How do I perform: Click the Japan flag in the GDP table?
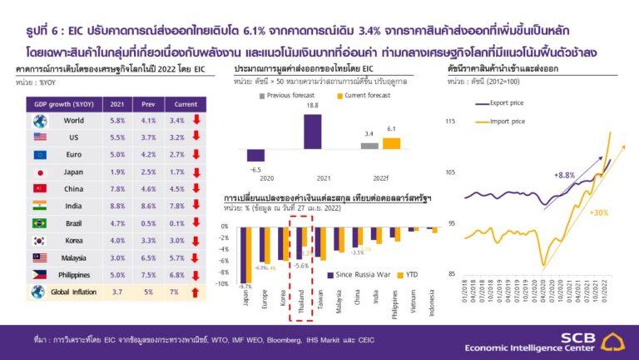[x=38, y=172]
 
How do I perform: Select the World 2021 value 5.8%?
[x=117, y=120]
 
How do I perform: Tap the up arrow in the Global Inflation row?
[x=196, y=292]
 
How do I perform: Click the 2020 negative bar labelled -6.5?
[x=255, y=155]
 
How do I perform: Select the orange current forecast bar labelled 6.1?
[x=390, y=142]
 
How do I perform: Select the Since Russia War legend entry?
[x=361, y=274]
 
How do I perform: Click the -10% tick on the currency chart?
[x=222, y=284]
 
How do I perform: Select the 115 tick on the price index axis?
[x=450, y=122]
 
